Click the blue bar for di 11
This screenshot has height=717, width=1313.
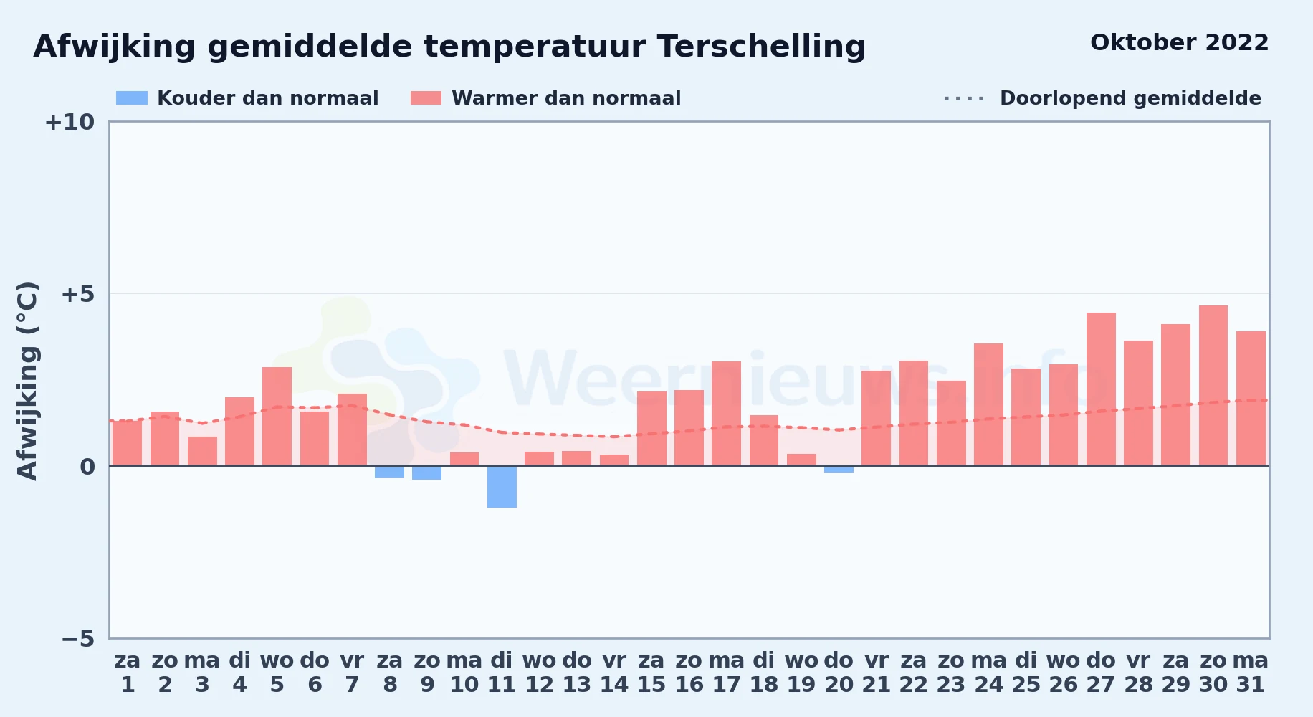pyautogui.click(x=502, y=487)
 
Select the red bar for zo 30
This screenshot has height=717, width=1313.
pyautogui.click(x=1213, y=386)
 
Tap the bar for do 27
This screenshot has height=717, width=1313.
pyautogui.click(x=1101, y=389)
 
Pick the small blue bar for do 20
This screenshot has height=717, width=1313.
pyautogui.click(x=839, y=470)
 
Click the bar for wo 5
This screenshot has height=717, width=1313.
pyautogui.click(x=277, y=417)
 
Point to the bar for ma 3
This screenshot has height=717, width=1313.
pyautogui.click(x=202, y=452)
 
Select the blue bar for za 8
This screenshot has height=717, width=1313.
pyautogui.click(x=389, y=472)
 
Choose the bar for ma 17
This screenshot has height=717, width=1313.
pyautogui.click(x=726, y=414)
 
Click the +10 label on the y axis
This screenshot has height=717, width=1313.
pyautogui.click(x=70, y=122)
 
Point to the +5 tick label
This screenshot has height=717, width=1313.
pyautogui.click(x=77, y=294)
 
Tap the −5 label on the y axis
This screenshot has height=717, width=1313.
pyautogui.click(x=77, y=638)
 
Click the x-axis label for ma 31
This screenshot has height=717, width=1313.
pyautogui.click(x=1251, y=672)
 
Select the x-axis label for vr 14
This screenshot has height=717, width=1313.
pyautogui.click(x=614, y=672)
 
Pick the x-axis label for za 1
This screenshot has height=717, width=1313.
pyautogui.click(x=128, y=672)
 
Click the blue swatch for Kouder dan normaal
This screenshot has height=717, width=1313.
pyautogui.click(x=132, y=98)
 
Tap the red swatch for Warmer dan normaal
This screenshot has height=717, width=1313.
pyautogui.click(x=426, y=98)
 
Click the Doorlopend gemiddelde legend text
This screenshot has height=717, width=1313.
pyautogui.click(x=1130, y=98)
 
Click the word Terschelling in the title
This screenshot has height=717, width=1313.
pyautogui.click(x=761, y=47)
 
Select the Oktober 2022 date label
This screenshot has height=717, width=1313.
pyautogui.click(x=1180, y=43)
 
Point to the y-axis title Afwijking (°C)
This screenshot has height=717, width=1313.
pyautogui.click(x=27, y=381)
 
